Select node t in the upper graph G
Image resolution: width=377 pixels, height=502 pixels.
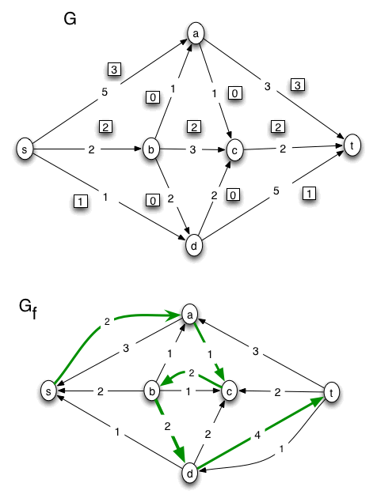352,145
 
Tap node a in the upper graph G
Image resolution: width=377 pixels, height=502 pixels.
196,33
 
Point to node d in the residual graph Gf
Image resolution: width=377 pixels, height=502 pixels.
191,474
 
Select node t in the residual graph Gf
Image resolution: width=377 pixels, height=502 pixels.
333,390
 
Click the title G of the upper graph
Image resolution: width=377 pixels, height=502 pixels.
70,18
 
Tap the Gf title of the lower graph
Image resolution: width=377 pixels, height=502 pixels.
27,308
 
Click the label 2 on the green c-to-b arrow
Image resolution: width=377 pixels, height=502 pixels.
190,372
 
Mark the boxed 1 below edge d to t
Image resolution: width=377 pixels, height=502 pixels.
307,192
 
